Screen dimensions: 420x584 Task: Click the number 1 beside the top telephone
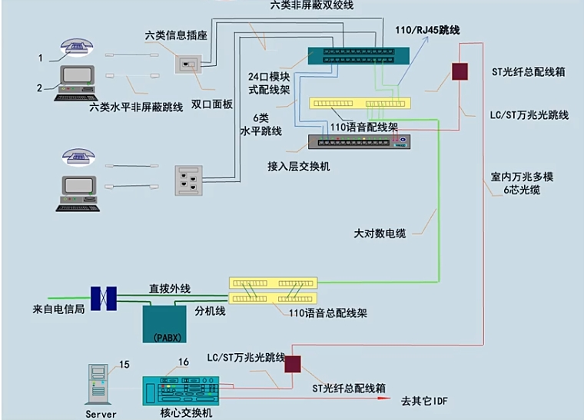[41, 58]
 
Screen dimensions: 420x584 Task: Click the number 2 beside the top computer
[39, 88]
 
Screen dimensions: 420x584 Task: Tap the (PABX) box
[165, 325]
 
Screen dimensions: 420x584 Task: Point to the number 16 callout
[183, 362]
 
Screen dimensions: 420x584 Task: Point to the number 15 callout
[124, 364]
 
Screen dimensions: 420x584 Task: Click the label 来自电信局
[58, 309]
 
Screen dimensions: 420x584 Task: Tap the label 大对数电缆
[380, 233]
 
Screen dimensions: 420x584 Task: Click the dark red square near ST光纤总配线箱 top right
[460, 71]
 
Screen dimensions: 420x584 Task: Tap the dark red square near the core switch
[292, 364]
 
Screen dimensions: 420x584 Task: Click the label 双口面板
[212, 104]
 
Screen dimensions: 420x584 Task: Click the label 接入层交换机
[299, 166]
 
